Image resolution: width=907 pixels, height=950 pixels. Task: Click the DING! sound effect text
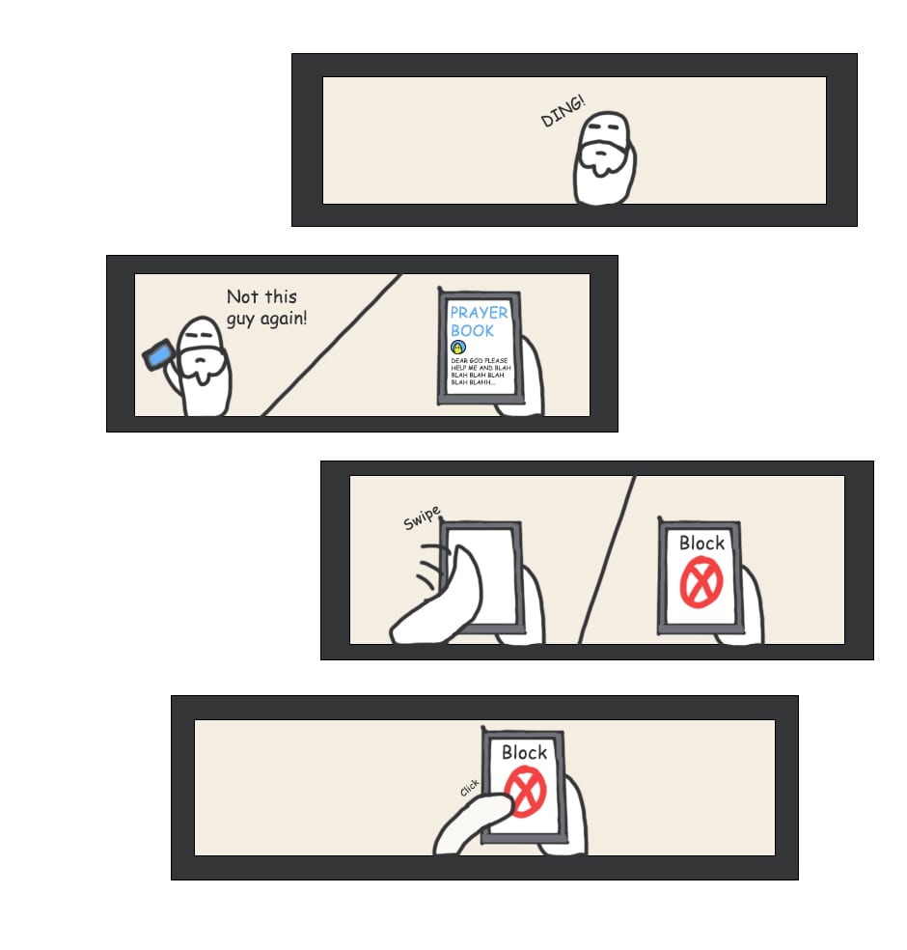[563, 111]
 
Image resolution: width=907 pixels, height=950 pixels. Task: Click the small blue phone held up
[158, 355]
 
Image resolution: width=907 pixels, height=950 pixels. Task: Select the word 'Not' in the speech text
[242, 297]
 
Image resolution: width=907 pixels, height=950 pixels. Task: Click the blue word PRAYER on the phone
[479, 313]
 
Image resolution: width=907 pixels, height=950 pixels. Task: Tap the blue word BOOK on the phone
[472, 331]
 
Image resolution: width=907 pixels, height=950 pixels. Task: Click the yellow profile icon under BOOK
[458, 348]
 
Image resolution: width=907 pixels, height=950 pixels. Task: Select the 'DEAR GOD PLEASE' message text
[479, 360]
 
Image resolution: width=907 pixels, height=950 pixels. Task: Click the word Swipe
[422, 518]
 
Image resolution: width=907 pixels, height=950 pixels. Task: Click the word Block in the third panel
[701, 543]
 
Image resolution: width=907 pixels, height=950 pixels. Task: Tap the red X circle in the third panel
[701, 582]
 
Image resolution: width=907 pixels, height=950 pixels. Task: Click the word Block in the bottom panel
[524, 752]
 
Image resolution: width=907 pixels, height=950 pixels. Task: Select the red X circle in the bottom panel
[526, 792]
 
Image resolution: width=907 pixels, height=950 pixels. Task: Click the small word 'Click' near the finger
[469, 788]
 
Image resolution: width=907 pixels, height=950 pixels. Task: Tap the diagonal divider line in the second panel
[331, 346]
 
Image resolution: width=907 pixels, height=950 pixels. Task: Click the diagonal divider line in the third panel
[607, 560]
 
